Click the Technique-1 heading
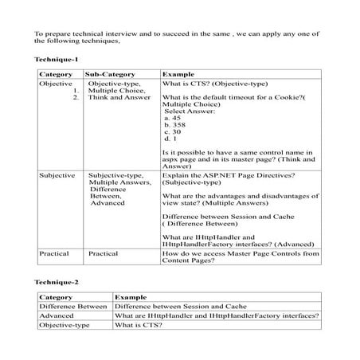[57, 61]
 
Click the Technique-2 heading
[57, 282]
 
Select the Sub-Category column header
[111, 73]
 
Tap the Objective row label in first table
[56, 84]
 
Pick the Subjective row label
[57, 174]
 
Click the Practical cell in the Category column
[55, 252]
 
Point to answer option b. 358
[174, 125]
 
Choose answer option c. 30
[172, 132]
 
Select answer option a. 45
[171, 118]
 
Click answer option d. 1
[170, 139]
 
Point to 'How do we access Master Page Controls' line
[240, 252]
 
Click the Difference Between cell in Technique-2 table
[73, 305]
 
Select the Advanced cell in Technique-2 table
[57, 315]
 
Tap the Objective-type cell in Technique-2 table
[63, 326]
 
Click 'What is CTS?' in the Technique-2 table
[133, 326]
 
